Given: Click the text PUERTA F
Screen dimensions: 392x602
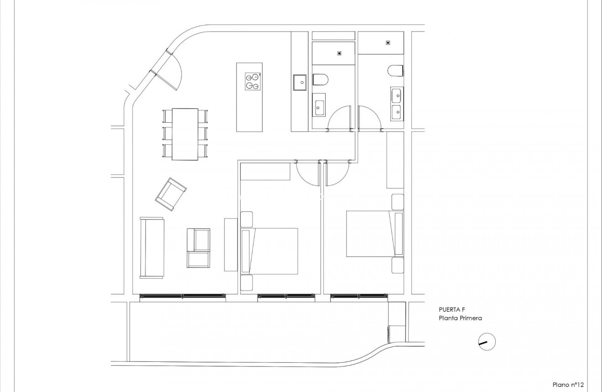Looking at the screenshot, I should (451, 309).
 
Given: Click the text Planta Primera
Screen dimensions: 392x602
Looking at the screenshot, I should (461, 319).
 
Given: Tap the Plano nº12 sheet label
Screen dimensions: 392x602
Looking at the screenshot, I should (568, 385).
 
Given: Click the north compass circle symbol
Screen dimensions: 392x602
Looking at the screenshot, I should (487, 342).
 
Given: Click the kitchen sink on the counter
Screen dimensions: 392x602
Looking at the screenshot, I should (300, 82).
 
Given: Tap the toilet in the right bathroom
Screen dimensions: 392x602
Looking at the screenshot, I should (396, 71).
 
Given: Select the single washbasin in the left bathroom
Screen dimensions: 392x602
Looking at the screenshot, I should (319, 105).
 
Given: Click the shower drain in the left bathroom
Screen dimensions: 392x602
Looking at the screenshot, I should (339, 53).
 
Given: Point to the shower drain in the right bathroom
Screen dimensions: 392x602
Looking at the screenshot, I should (388, 43).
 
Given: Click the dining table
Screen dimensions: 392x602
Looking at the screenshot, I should (185, 134).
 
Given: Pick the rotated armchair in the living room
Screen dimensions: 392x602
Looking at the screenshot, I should (171, 194).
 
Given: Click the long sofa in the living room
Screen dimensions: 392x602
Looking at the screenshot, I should (152, 247).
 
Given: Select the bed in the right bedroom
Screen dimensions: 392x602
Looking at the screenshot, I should (368, 233).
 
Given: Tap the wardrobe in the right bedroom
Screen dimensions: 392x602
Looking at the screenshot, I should (395, 160).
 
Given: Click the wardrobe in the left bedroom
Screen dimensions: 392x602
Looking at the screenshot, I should (265, 171).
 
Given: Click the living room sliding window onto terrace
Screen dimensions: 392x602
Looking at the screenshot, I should (182, 297).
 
